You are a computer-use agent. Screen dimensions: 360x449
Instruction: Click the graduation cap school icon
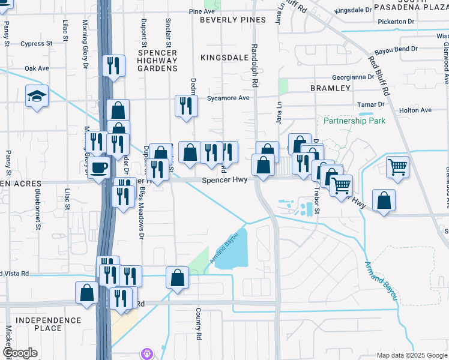pos(37,95)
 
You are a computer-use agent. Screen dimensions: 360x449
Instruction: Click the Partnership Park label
pos(354,121)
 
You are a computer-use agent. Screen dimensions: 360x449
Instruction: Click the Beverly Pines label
pos(233,20)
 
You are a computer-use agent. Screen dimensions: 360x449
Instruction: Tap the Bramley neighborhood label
pos(330,88)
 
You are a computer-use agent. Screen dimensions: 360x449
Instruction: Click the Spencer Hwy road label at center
pos(224,179)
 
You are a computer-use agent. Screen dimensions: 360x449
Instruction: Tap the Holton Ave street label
pos(415,110)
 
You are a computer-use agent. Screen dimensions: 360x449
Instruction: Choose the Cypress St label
pos(37,44)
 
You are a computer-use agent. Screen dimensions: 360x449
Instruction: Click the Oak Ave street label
pos(36,68)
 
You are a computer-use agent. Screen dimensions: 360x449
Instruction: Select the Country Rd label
pos(197,324)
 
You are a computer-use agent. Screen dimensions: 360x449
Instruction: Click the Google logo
pos(20,353)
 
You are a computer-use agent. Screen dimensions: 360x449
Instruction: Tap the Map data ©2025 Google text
pos(411,355)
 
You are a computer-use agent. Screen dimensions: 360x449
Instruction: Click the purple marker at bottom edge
pos(147,353)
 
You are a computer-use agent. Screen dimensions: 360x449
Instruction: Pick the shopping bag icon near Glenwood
pos(384,201)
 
